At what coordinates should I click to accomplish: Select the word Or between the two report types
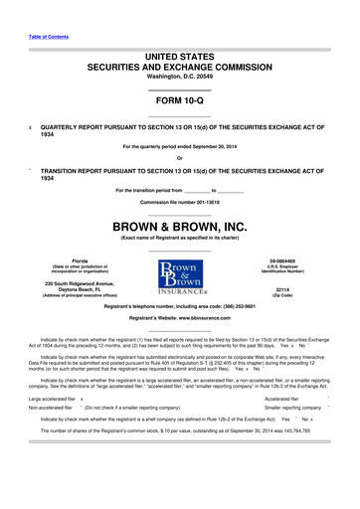coord(179,158)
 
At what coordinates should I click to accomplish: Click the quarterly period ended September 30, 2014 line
coord(179,147)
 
